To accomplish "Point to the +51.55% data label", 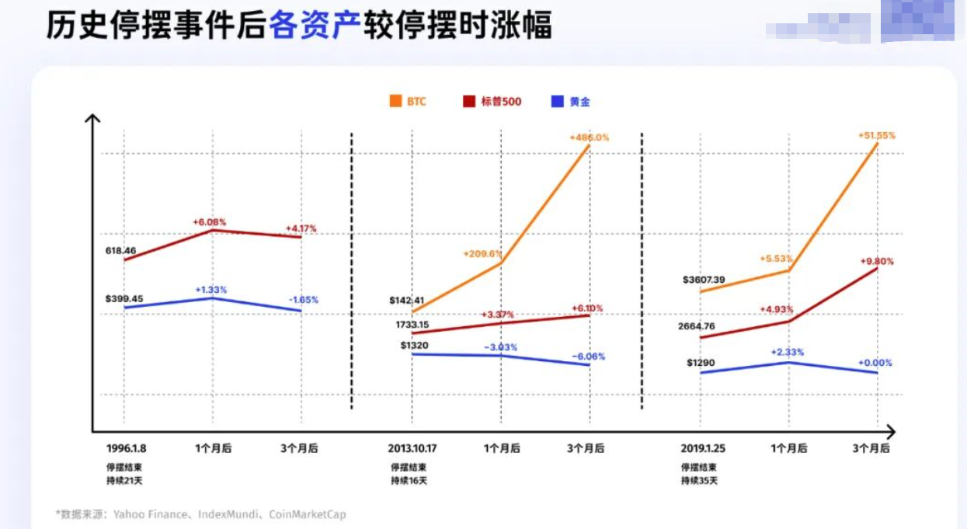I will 876,135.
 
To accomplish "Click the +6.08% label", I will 210,222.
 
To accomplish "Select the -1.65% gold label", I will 303,300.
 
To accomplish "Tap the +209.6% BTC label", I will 482,253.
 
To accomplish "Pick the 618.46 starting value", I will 120,251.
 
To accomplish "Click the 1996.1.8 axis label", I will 126,448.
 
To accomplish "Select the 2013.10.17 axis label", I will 412,448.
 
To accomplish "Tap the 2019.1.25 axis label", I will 702,448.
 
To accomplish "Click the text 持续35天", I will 699,480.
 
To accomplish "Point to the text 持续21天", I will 124,480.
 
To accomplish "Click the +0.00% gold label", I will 875,363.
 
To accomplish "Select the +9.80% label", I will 877,262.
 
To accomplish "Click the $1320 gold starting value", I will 416,346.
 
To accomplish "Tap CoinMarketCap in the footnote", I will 307,514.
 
